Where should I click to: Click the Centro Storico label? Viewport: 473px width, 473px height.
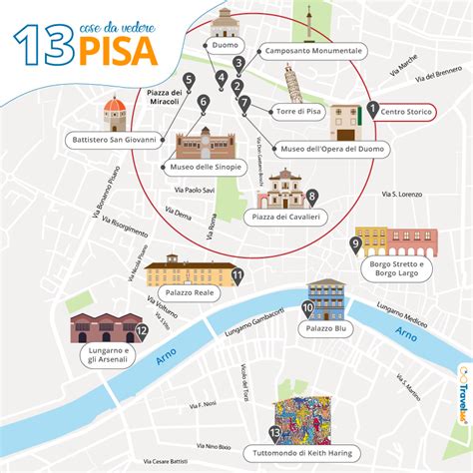click(406, 112)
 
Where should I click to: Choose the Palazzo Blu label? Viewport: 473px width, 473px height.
click(325, 327)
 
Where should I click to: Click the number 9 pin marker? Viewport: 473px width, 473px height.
click(355, 243)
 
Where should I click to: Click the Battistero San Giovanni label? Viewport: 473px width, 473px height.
click(114, 140)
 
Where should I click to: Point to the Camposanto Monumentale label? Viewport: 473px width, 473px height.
click(311, 50)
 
